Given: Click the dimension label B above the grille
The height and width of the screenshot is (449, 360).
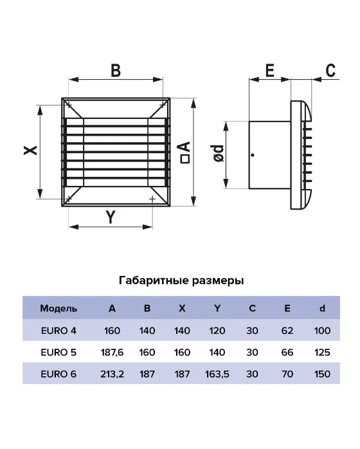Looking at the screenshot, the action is tap(116, 71).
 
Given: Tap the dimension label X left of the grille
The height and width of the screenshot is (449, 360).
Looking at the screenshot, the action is tap(30, 151).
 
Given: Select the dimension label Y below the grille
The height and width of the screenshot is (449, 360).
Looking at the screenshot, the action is tap(111, 217).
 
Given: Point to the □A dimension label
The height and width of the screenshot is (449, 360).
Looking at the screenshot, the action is tap(185, 152).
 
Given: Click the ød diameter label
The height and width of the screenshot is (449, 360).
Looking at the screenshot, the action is tap(219, 154).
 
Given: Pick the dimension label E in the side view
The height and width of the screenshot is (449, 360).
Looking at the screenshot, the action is tap(270, 71).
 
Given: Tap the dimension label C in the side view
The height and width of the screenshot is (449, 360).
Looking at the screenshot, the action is tap(330, 71).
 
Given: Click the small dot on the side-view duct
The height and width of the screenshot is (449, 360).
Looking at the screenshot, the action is tap(253, 155).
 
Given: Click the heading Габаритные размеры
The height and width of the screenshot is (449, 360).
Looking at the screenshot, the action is tap(181, 280).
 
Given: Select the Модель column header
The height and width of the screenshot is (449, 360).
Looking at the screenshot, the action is tap(59, 308).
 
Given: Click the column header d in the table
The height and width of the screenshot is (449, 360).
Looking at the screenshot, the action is tap(322, 308).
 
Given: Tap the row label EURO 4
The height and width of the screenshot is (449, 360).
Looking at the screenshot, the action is tap(59, 331).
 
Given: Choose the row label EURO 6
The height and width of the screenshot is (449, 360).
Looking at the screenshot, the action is tap(59, 374).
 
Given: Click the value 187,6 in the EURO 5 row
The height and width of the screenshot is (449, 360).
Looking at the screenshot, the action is tap(112, 353).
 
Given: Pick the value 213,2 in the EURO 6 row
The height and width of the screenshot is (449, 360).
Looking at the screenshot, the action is tap(112, 374).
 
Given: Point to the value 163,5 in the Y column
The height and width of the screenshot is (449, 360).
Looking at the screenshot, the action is tap(217, 374).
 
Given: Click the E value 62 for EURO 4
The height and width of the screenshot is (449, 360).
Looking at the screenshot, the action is tap(287, 331).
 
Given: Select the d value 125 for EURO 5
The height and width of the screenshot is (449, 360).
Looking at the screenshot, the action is tap(322, 353).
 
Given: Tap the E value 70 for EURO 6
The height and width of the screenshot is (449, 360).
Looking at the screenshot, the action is tap(287, 374).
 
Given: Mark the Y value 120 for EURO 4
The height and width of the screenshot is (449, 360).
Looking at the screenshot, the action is tap(217, 331).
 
